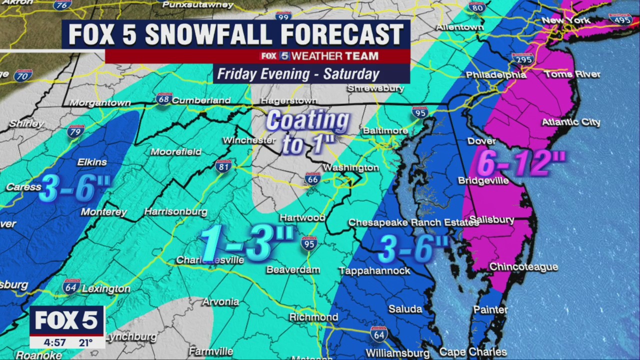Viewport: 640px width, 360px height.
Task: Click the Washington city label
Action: coord(350,167)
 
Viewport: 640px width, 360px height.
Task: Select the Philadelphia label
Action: coord(495,75)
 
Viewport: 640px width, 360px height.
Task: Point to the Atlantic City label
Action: coord(571,122)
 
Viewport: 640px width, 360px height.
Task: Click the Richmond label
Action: coord(313,317)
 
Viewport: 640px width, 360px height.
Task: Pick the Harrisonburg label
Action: coord(175,212)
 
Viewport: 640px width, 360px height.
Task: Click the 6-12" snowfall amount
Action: coord(520,163)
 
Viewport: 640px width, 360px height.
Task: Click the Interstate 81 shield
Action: coord(223,166)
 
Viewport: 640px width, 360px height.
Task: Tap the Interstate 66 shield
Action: coord(312,178)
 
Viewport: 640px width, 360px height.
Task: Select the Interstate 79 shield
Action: coord(76,131)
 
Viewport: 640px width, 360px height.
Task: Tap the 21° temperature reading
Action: coord(85,343)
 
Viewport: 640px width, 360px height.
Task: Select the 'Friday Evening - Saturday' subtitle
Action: coord(298,74)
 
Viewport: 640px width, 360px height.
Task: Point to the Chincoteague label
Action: coord(523,267)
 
